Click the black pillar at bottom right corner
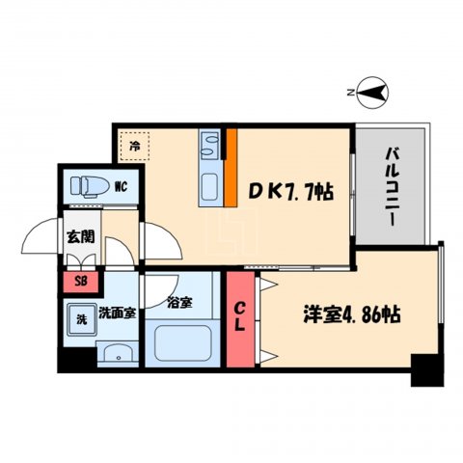(422, 370)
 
